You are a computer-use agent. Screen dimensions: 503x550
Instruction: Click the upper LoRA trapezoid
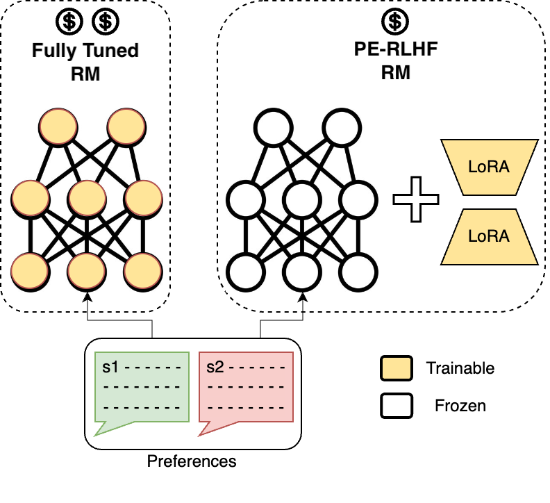489,167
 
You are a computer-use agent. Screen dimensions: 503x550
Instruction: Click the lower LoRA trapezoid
489,236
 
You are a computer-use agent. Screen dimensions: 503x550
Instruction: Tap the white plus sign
416,199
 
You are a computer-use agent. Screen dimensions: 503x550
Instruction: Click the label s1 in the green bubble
110,366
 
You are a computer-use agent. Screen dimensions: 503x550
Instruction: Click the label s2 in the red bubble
215,366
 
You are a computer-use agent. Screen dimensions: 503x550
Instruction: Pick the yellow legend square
397,369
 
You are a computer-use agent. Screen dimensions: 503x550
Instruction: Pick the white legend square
397,406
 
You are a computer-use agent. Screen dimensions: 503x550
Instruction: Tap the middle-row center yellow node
86,199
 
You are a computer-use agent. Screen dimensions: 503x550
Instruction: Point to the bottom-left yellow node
30,270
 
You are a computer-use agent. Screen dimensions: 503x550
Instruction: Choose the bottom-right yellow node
143,270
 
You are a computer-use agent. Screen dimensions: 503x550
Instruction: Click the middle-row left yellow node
30,199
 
